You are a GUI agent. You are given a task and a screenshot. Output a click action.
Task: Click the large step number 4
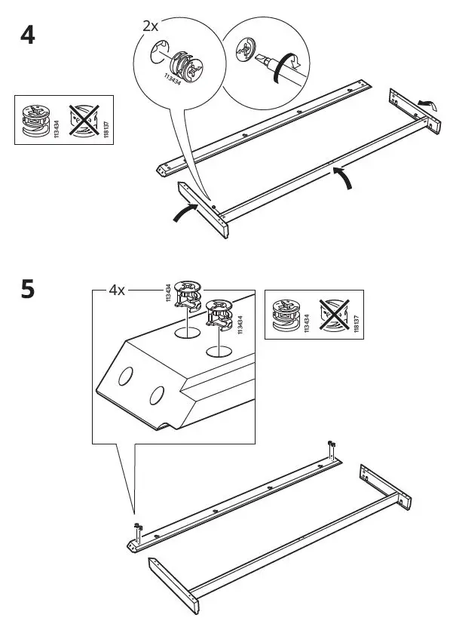pos(27,35)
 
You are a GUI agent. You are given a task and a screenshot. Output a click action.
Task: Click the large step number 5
pos(27,290)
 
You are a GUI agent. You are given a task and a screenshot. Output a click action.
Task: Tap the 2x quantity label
pos(151,26)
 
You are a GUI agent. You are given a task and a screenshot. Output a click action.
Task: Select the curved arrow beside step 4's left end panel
pos(185,213)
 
